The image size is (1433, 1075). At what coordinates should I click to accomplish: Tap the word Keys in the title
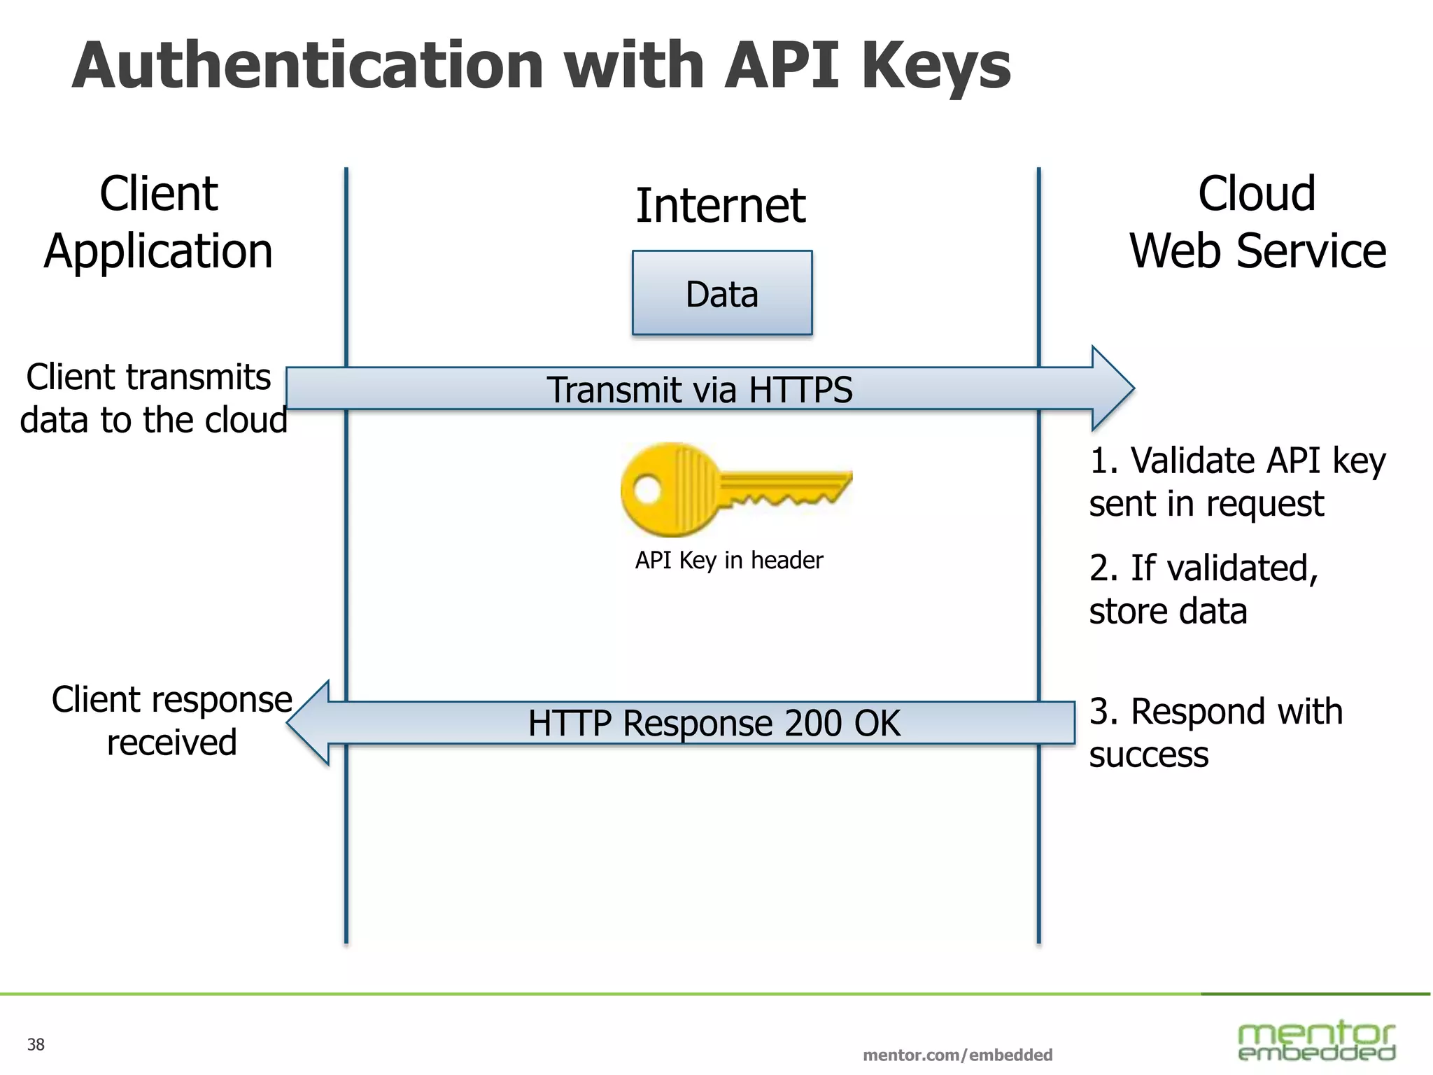click(936, 66)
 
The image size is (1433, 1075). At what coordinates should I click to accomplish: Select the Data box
click(721, 293)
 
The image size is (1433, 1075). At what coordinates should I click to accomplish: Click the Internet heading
click(720, 206)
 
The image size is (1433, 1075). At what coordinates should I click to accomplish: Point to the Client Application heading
click(159, 223)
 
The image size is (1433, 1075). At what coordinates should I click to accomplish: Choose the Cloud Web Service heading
click(1257, 223)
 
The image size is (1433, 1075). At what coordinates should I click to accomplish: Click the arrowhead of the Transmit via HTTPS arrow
click(1113, 388)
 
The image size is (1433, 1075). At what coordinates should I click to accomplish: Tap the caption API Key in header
click(728, 561)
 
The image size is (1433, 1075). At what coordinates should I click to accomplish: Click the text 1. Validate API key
click(1237, 462)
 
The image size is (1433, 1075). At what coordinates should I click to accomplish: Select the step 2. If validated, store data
click(1203, 589)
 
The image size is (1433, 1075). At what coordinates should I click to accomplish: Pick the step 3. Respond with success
click(1215, 733)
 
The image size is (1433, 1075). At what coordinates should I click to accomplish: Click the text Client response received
click(171, 721)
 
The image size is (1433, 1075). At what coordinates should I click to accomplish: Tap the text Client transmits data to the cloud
click(153, 398)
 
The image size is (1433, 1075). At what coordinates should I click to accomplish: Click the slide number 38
click(36, 1045)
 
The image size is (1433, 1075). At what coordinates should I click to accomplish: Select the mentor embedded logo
click(1316, 1041)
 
